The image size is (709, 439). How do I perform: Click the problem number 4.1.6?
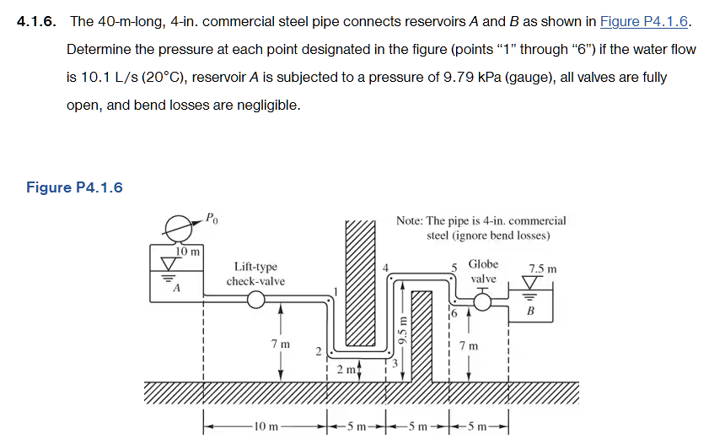point(37,22)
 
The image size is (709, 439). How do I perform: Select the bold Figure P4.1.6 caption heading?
point(74,187)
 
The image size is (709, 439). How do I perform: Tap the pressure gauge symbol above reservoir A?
point(178,227)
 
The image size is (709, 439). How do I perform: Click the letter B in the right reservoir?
point(530,310)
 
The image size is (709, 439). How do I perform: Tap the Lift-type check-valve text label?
point(255,274)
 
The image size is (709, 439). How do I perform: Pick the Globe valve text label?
point(483,271)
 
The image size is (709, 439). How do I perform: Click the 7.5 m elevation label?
point(542,269)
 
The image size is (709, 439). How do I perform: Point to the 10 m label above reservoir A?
point(187,252)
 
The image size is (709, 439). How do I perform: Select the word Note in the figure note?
point(410,221)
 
